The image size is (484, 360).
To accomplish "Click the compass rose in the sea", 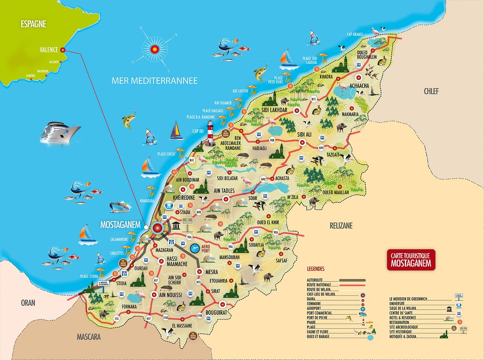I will [155, 49].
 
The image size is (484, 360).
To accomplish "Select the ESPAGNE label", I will [33, 24].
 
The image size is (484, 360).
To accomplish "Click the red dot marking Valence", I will [63, 50].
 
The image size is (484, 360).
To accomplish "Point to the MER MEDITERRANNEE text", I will [154, 81].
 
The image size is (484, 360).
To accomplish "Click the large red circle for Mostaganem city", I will [157, 228].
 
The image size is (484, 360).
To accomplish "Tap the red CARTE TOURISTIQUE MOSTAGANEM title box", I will [411, 260].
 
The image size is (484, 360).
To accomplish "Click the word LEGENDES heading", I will [315, 269].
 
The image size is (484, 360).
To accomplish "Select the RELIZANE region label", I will [341, 226].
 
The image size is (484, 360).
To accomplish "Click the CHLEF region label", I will [431, 91].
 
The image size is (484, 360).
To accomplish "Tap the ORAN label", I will [28, 303].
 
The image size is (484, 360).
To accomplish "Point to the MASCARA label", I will [88, 337].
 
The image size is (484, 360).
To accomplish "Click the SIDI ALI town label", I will [304, 134].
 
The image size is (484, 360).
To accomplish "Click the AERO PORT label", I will [205, 248].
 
